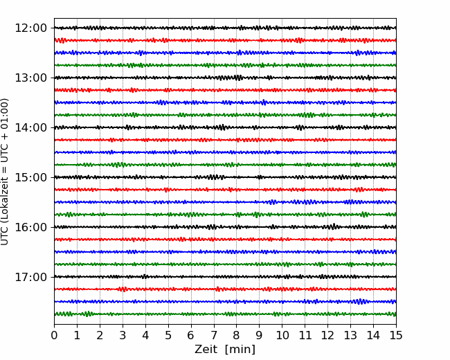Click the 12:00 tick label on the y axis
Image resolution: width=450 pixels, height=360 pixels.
pos(30,28)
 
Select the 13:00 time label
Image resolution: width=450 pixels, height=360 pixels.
pos(30,78)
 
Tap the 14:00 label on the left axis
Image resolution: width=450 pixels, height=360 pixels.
pos(30,127)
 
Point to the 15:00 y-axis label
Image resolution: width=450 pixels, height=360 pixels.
pos(30,177)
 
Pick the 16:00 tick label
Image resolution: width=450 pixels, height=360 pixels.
pos(30,227)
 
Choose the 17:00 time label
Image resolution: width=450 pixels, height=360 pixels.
pos(30,277)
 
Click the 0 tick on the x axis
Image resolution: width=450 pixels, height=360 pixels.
pos(54,335)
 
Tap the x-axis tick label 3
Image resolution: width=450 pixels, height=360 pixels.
pos(123,335)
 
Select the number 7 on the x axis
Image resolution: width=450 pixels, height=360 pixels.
pos(213,335)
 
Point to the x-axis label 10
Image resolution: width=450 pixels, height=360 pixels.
pos(282,335)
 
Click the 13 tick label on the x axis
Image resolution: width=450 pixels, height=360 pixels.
pos(350,335)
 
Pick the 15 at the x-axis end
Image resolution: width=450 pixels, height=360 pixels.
pos(396,335)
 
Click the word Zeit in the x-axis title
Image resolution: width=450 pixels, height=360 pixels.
pos(206,349)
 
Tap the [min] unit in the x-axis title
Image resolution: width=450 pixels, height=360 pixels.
pos(240,350)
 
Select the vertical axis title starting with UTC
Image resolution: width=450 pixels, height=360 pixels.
pos(5,172)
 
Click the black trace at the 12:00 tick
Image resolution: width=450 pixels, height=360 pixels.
pos(225,28)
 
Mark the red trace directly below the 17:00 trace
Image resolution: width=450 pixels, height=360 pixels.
pos(225,289)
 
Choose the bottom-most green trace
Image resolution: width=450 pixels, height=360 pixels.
pos(225,314)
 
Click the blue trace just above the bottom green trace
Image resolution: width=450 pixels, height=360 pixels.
pos(225,301)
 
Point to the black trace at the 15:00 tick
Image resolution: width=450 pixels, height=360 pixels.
pos(225,177)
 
